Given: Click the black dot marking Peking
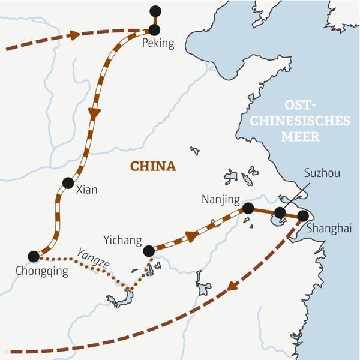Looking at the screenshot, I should [x=155, y=29].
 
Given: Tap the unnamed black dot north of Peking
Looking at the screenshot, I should [x=155, y=10].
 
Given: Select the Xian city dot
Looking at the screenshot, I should [x=68, y=183].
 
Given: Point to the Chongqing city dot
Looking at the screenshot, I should [x=34, y=256].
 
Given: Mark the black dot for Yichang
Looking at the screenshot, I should [x=149, y=251].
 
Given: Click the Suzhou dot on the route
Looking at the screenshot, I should [x=280, y=212].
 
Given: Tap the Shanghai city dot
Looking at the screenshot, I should [x=302, y=216].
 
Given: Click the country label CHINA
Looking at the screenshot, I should [x=153, y=166].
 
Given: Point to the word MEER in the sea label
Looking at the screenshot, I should [x=302, y=136].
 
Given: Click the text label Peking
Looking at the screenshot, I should [x=158, y=44].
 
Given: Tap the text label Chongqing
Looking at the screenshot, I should [x=42, y=271].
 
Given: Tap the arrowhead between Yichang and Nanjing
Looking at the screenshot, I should [x=191, y=236].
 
